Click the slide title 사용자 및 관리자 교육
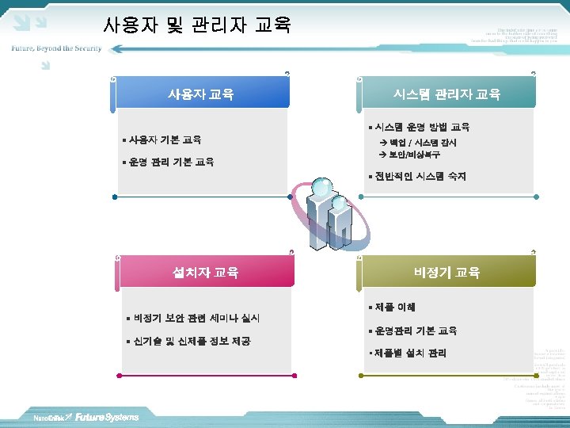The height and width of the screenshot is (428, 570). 197,25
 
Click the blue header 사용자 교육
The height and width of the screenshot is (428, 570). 200,94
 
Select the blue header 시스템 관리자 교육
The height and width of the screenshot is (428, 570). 446,94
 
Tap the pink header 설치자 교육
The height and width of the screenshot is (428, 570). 206,273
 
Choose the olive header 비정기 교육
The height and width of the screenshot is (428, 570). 446,273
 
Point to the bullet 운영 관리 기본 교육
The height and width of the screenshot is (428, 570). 171,162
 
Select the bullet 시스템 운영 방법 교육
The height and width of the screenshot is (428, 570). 422,127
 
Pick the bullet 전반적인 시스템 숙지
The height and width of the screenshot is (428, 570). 420,176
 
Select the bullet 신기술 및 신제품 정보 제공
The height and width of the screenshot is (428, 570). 192,341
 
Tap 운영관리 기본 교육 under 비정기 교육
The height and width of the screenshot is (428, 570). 416,331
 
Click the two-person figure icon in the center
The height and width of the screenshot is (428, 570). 329,214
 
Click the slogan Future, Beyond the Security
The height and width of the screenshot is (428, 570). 56,48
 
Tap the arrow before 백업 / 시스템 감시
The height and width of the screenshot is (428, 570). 384,143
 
